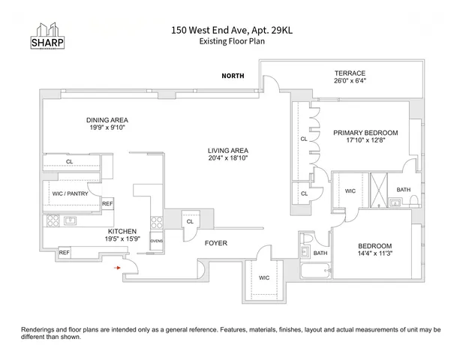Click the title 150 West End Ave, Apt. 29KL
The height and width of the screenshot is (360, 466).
pyautogui.click(x=233, y=31)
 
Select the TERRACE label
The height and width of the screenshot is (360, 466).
pyautogui.click(x=350, y=73)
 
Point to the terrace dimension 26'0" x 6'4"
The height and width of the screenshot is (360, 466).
pyautogui.click(x=350, y=83)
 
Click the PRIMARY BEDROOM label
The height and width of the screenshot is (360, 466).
pyautogui.click(x=365, y=133)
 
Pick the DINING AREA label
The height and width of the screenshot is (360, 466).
pyautogui.click(x=106, y=119)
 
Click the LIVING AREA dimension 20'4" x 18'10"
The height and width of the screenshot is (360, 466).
pyautogui.click(x=228, y=158)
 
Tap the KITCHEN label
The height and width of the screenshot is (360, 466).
pyautogui.click(x=121, y=231)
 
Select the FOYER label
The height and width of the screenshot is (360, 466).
pyautogui.click(x=216, y=243)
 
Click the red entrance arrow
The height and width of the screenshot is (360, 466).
pyautogui.click(x=116, y=266)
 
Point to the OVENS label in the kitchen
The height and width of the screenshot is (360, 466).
pyautogui.click(x=157, y=241)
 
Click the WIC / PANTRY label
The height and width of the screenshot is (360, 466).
pyautogui.click(x=71, y=193)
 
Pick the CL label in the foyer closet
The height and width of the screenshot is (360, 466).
pyautogui.click(x=190, y=222)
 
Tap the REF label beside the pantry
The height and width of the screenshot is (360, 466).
pyautogui.click(x=107, y=203)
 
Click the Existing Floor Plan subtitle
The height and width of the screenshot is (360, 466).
pyautogui.click(x=232, y=41)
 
